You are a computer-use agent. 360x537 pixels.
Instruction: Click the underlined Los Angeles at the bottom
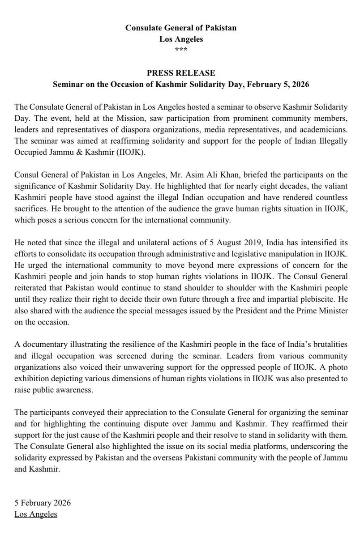pyautogui.click(x=36, y=515)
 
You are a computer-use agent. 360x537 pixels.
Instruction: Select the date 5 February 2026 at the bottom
pyautogui.click(x=43, y=503)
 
